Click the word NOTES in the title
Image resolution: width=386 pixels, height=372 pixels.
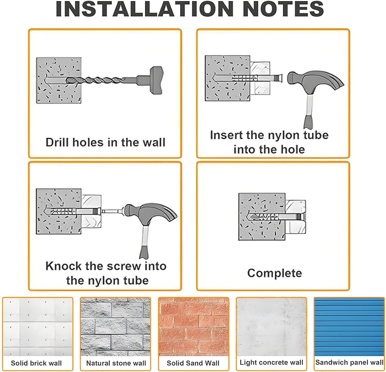click(x=283, y=9)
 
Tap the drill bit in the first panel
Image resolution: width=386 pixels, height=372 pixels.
click(x=101, y=80)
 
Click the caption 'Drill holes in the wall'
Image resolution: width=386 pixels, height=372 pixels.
click(x=105, y=142)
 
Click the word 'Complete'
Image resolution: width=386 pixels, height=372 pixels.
click(x=274, y=273)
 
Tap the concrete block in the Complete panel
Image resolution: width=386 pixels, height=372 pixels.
click(x=262, y=217)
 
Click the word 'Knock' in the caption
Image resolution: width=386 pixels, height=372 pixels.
click(x=63, y=266)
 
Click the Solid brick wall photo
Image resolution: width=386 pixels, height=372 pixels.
click(x=38, y=327)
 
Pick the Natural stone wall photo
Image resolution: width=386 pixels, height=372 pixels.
click(x=116, y=327)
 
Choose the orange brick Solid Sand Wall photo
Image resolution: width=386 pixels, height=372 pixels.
click(x=194, y=327)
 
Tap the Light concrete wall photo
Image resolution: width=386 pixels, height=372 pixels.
click(x=271, y=327)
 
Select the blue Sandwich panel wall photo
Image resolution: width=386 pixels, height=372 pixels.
click(x=349, y=327)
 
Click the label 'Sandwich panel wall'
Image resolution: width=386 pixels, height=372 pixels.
click(x=349, y=362)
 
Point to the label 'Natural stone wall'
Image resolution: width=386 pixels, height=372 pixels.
click(x=116, y=363)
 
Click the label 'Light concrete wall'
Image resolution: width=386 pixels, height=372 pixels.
click(x=271, y=362)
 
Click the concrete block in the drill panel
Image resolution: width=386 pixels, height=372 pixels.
click(x=59, y=80)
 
